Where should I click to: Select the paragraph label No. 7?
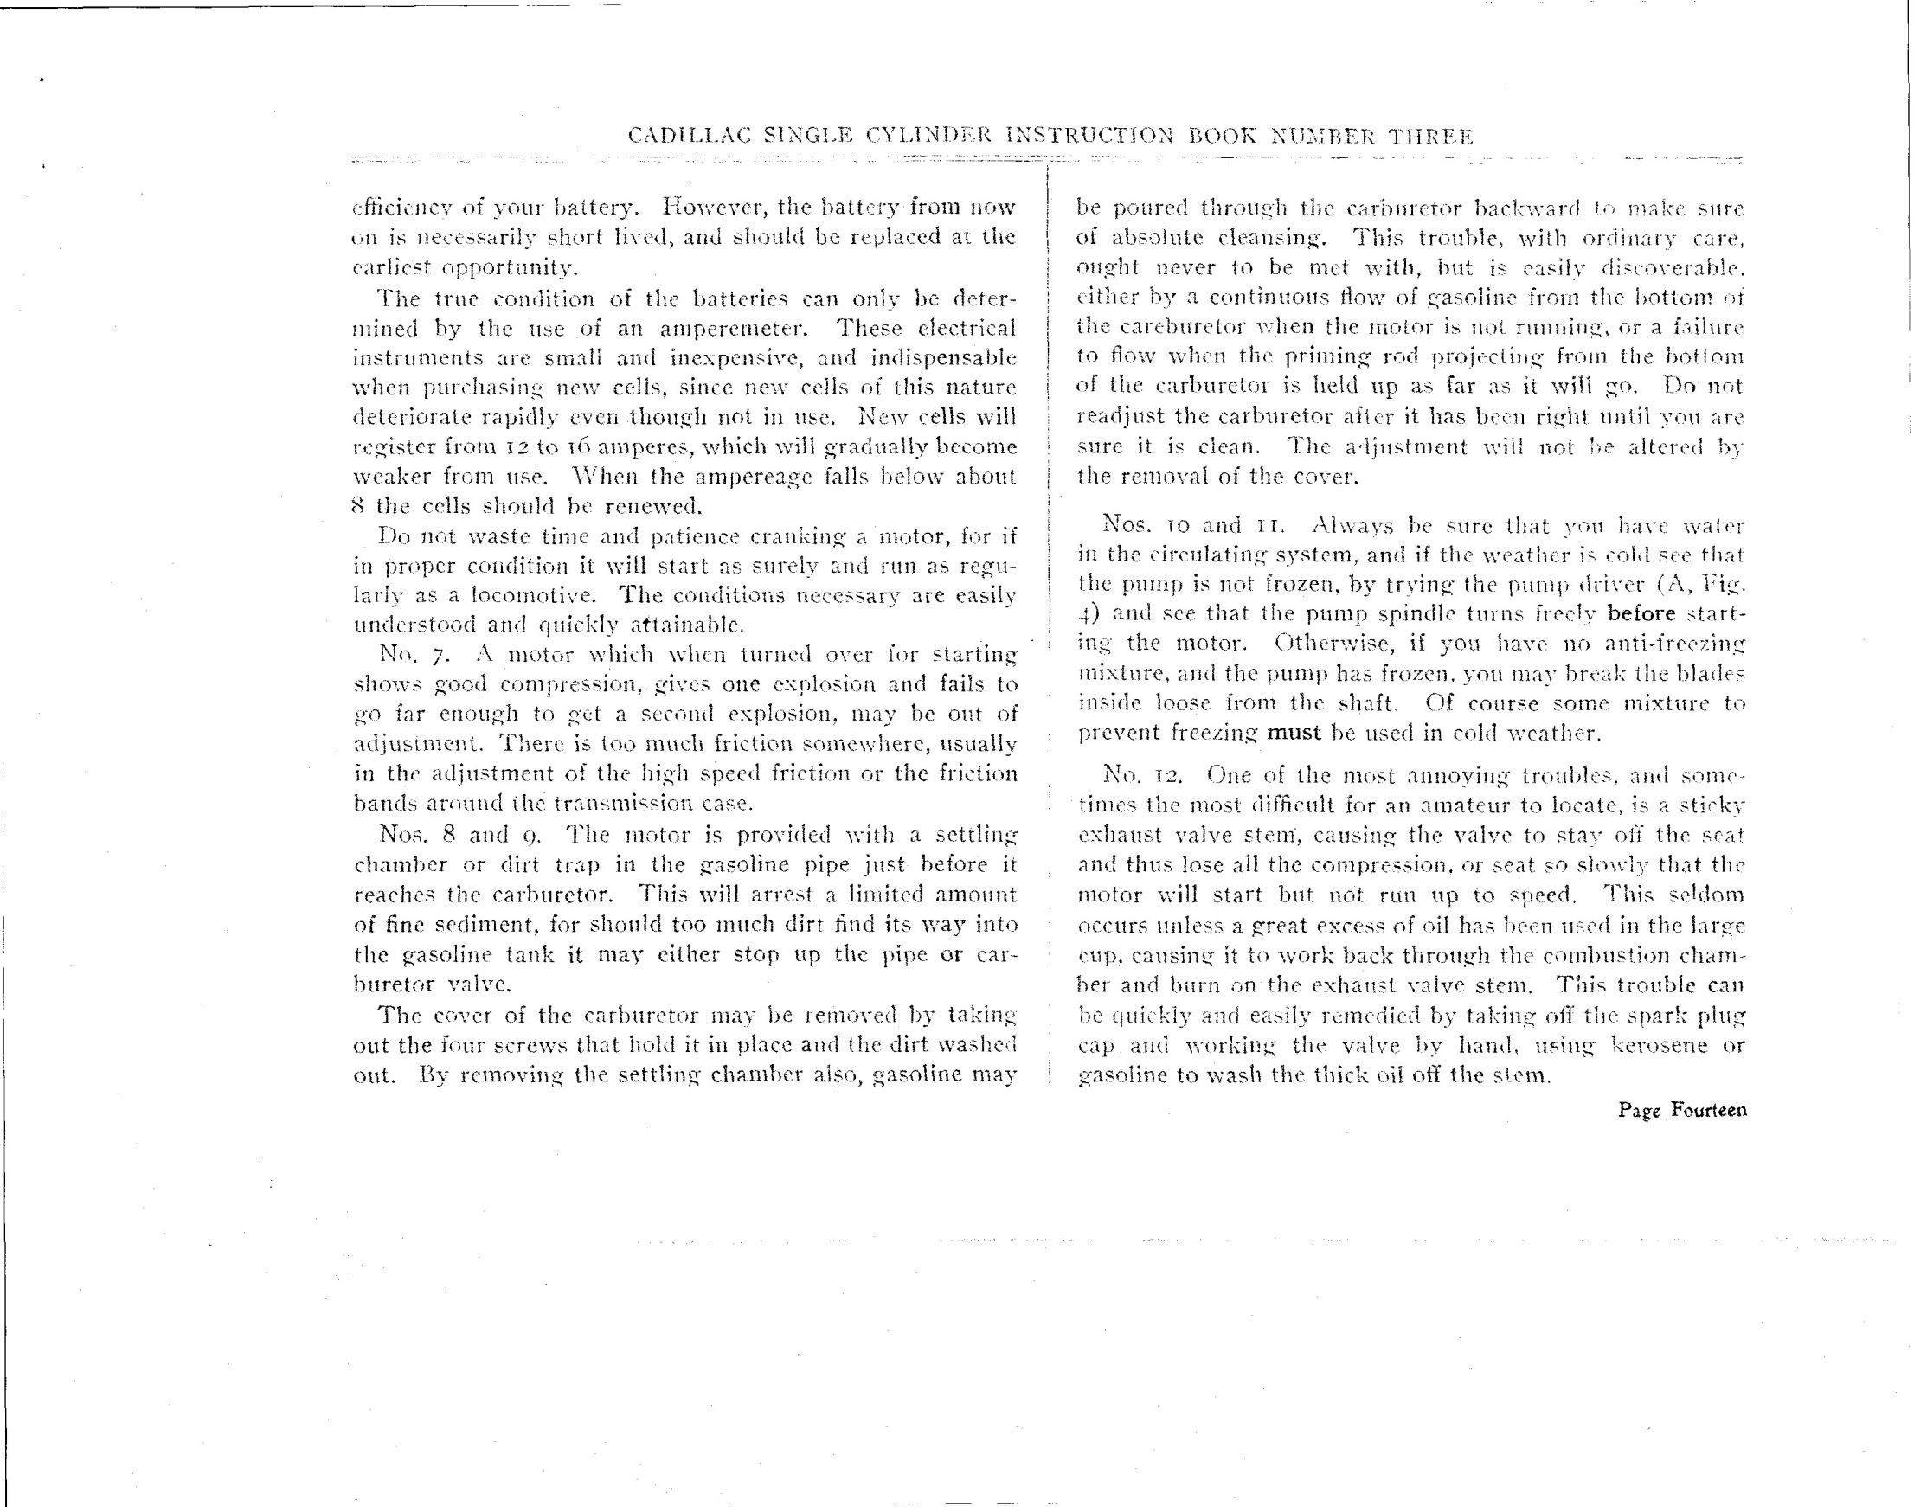(x=406, y=656)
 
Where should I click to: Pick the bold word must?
(x=1294, y=734)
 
